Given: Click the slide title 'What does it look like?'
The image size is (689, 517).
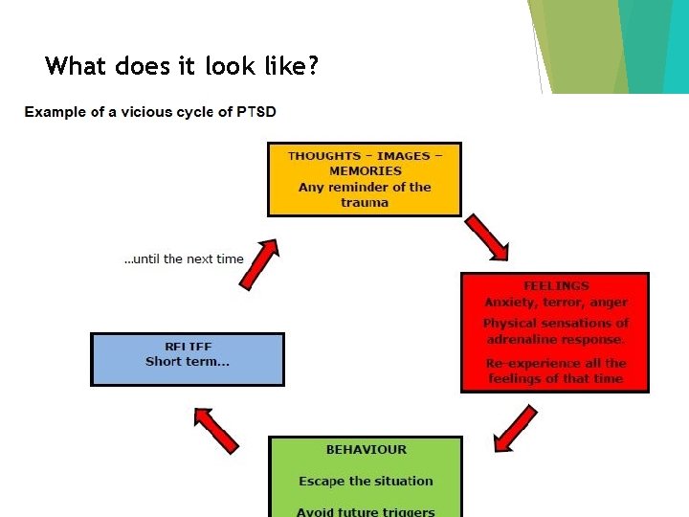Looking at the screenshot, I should click(x=182, y=66).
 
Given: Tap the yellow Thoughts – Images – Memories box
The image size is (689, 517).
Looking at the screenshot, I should click(x=365, y=179).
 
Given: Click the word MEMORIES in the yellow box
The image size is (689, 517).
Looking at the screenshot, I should click(x=365, y=171).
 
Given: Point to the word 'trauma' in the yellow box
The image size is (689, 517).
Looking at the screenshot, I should click(x=365, y=203).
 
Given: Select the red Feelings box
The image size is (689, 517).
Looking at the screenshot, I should click(x=555, y=332).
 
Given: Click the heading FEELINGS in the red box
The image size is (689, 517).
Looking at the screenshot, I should click(x=556, y=285).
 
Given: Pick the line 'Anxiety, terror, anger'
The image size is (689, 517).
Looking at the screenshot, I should click(x=556, y=302).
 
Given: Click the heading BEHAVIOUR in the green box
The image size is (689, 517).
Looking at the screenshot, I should click(x=366, y=449).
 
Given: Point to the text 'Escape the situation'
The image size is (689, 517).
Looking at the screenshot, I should click(x=366, y=481).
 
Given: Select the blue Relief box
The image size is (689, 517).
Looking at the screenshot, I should click(x=188, y=359).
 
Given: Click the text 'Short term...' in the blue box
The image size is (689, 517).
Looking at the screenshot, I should click(x=188, y=362).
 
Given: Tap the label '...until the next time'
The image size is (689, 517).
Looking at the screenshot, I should click(x=184, y=258).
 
